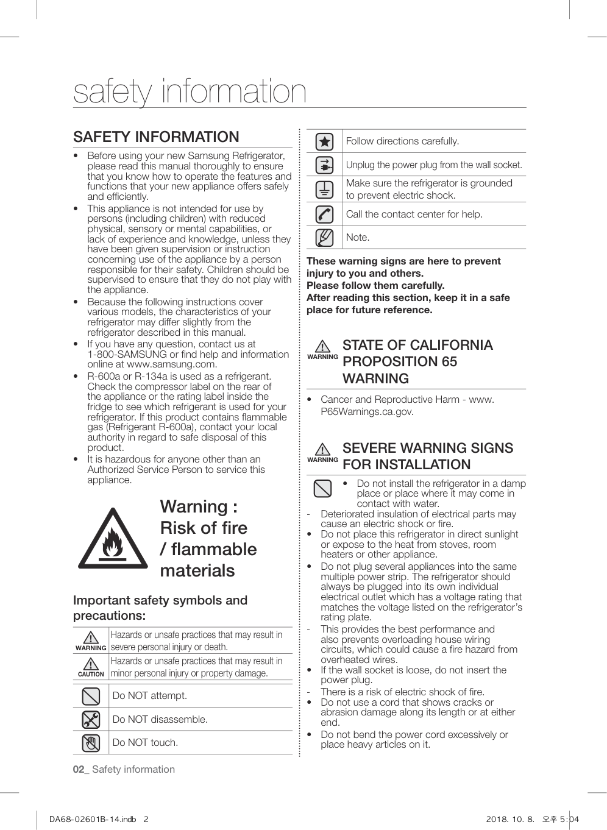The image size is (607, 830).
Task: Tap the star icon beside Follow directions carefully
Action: tap(324, 141)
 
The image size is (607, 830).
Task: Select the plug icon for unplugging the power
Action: tap(324, 165)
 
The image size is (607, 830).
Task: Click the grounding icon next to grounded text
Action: tap(324, 190)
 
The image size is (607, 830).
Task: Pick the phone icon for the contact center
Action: tap(324, 214)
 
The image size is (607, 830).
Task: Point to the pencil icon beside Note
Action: tap(324, 237)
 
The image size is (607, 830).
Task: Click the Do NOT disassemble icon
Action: tap(91, 719)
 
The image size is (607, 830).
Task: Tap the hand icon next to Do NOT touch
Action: tap(91, 743)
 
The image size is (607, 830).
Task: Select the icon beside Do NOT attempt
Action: tap(91, 696)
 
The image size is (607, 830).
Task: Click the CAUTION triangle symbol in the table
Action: tap(91, 664)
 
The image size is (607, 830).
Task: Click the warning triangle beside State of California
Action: tap(322, 347)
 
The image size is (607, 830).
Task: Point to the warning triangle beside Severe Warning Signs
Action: tap(322, 450)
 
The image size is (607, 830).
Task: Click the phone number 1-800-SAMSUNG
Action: tap(127, 354)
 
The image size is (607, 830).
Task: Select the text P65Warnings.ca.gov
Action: tap(367, 411)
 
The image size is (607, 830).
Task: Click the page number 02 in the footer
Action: tap(79, 769)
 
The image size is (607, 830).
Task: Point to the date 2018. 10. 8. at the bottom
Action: tap(509, 819)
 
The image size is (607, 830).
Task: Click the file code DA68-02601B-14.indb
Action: tap(93, 819)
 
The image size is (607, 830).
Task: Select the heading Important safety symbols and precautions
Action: tap(160, 608)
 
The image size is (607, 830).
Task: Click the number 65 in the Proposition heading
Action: tap(449, 361)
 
